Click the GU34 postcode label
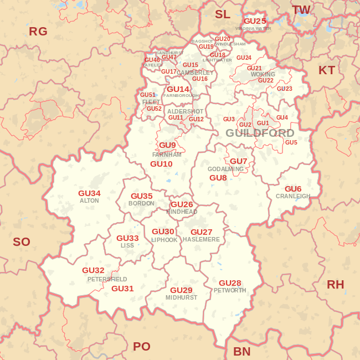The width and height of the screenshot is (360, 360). [89, 193]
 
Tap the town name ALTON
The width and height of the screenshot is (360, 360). [89, 201]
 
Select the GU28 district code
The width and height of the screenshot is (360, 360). [230, 283]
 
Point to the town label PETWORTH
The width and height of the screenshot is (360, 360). [230, 290]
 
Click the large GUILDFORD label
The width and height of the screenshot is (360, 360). [260, 133]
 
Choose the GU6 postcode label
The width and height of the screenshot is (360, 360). [293, 189]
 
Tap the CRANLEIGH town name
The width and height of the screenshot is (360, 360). [293, 196]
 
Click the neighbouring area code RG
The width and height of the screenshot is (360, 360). [38, 32]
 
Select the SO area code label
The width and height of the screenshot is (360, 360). [22, 242]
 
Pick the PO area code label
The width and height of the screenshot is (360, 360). [141, 347]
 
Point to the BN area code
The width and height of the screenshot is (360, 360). [241, 352]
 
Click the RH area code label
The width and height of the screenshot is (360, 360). [335, 285]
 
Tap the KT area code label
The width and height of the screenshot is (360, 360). [327, 70]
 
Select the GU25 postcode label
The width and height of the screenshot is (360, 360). [255, 21]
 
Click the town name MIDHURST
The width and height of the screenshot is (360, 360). [181, 297]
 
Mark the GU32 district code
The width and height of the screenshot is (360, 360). [93, 270]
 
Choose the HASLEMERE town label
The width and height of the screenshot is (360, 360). [201, 239]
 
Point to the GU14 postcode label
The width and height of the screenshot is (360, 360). [178, 89]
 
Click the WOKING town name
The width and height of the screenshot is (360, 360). [263, 74]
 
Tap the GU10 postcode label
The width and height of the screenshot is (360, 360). [161, 164]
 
